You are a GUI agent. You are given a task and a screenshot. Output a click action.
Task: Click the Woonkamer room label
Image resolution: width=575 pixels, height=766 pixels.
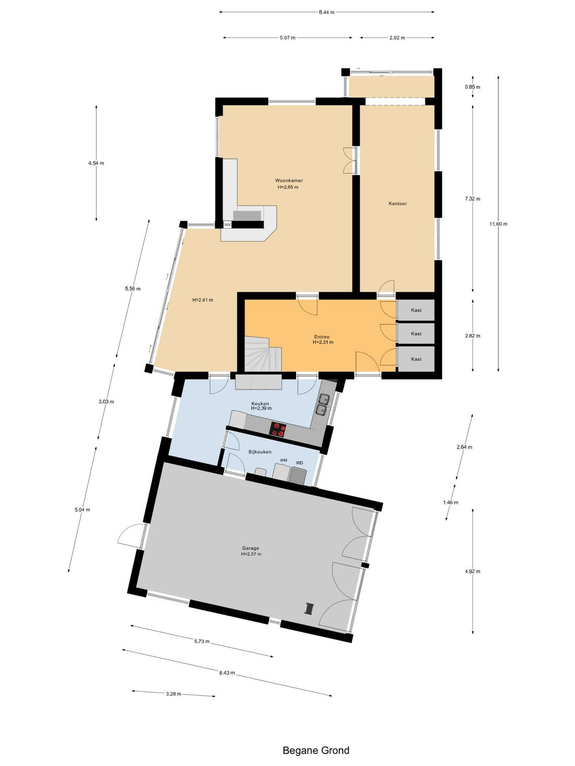(x=289, y=180)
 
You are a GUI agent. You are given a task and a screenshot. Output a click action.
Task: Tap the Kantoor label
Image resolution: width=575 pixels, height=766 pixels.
(x=398, y=203)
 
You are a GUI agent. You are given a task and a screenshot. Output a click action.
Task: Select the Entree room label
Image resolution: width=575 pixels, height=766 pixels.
(x=322, y=337)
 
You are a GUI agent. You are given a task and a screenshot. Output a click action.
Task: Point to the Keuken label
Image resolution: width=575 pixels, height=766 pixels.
(x=260, y=404)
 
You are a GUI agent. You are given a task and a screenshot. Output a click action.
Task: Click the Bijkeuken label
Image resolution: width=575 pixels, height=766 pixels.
(x=260, y=452)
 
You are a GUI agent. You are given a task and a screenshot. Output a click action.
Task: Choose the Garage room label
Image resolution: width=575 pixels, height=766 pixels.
(x=251, y=548)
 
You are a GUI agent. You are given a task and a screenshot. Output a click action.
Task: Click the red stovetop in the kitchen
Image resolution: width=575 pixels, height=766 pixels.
(x=278, y=429)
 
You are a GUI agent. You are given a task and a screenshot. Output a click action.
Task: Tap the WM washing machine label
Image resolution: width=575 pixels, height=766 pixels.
(x=284, y=460)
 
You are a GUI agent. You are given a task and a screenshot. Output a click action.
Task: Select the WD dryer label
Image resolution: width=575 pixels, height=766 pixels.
(x=299, y=463)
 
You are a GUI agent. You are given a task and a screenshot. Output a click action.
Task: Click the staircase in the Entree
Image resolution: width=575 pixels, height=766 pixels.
(x=263, y=355)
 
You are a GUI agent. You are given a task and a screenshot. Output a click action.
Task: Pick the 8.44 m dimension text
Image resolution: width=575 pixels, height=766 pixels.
(x=326, y=12)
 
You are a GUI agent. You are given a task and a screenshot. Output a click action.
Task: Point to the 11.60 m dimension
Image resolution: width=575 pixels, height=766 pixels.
(x=498, y=224)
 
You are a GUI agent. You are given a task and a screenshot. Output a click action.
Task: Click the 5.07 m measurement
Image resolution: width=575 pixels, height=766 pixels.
(x=287, y=38)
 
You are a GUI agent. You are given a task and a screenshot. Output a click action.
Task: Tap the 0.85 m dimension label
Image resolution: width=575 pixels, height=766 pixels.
(x=472, y=87)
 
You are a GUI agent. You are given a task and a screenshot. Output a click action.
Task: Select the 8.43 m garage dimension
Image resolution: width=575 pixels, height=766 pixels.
(x=227, y=673)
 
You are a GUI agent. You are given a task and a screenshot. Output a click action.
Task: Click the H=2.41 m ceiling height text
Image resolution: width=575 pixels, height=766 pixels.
(x=203, y=300)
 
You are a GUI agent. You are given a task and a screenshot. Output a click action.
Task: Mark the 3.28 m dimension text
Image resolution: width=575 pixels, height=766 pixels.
(x=173, y=694)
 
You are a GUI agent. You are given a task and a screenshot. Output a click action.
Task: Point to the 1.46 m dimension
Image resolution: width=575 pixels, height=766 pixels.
(x=450, y=503)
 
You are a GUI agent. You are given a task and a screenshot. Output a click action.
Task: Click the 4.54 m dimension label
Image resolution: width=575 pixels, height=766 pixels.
(x=96, y=163)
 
